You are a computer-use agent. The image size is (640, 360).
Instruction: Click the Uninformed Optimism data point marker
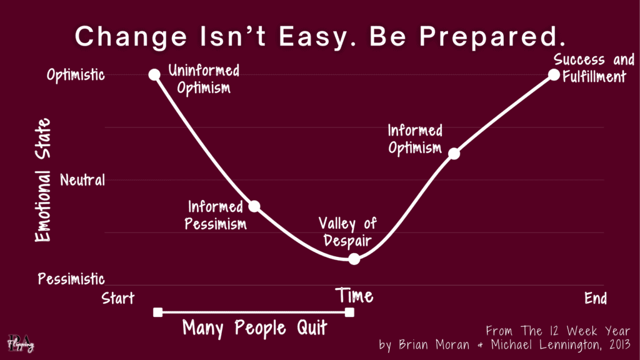coord(154,74)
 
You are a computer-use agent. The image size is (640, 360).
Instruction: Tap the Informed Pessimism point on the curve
coord(254,206)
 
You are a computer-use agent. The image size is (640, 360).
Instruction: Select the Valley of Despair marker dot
coord(354,258)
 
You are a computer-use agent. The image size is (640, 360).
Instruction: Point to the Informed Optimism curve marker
coord(454,153)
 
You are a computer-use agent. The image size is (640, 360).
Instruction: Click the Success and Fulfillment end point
coord(554,74)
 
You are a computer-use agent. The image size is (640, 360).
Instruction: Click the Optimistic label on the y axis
coord(76,75)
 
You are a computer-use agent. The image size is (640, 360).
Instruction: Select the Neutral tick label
coord(82,181)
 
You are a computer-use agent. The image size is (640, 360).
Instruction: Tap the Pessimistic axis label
coord(71,279)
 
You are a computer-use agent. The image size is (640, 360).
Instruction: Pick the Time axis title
coord(354,295)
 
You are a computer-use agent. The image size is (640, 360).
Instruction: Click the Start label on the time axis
coord(118,298)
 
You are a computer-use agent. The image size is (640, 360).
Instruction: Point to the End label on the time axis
coord(596,298)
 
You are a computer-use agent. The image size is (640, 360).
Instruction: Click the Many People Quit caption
coord(254,327)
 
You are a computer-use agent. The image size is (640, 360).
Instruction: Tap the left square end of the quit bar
coord(157,312)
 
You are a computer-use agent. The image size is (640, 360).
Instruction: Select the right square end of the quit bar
coord(349,312)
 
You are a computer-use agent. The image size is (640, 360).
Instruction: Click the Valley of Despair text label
coord(347,232)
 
